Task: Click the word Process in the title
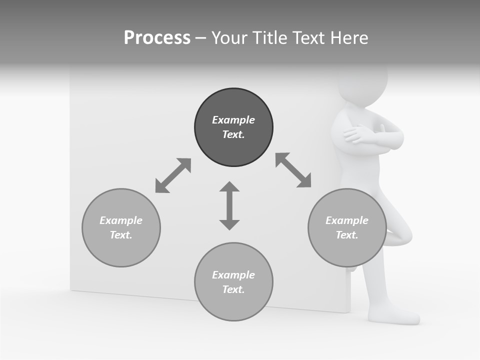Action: click(x=157, y=38)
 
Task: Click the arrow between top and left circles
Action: click(x=173, y=175)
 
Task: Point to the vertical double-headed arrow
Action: click(x=229, y=205)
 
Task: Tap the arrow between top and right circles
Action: click(x=293, y=170)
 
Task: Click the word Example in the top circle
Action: click(x=233, y=120)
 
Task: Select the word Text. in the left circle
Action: click(x=121, y=235)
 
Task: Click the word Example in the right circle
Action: click(x=347, y=220)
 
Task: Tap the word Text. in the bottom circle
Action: click(x=233, y=289)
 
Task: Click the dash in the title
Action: click(x=200, y=38)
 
